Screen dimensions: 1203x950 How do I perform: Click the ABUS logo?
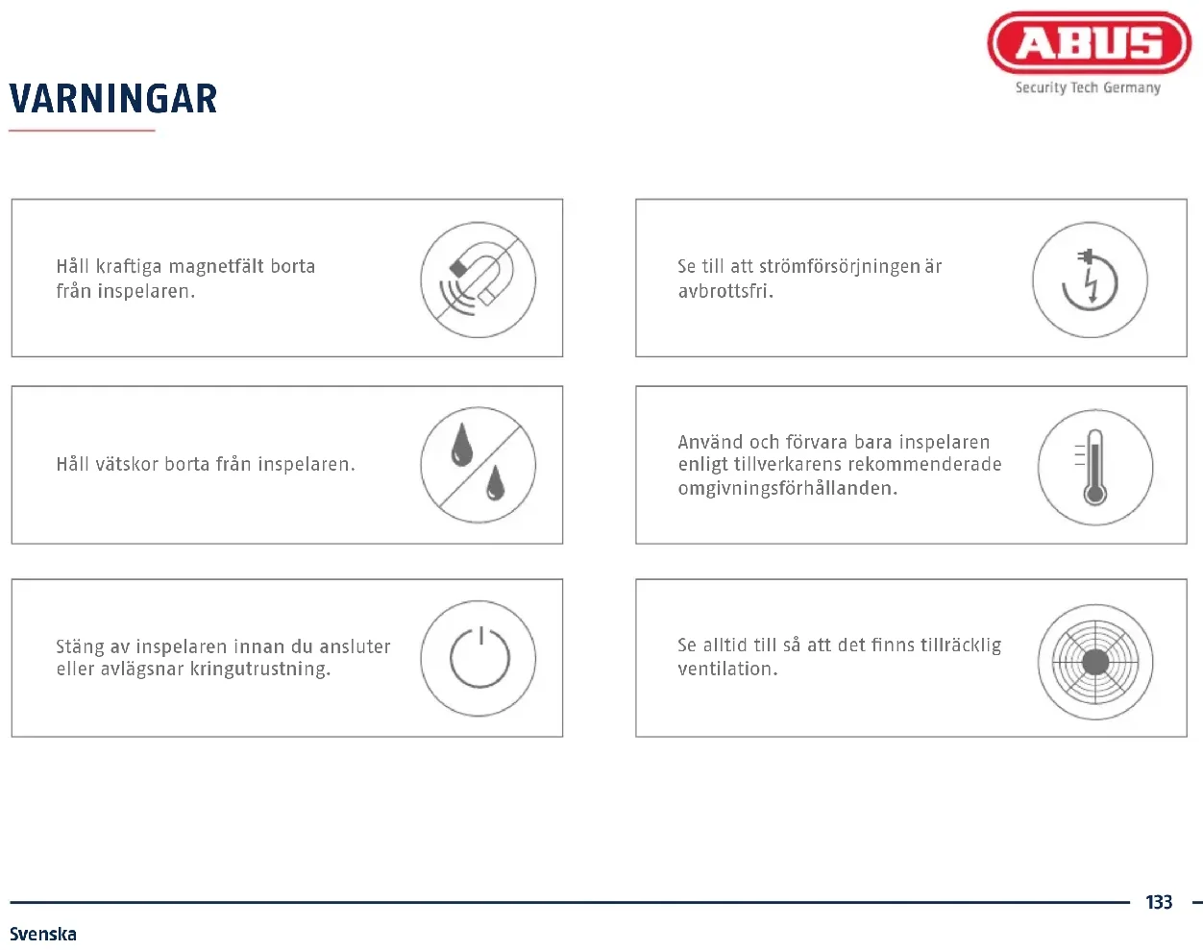point(1089,42)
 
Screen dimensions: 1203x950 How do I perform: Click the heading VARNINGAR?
point(113,99)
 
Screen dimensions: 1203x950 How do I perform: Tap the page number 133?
point(1159,902)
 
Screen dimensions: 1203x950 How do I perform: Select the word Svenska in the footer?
point(43,934)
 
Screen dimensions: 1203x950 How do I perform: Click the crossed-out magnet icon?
point(478,280)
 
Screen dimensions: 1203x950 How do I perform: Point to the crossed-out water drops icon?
point(478,465)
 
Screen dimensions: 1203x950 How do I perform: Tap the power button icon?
point(478,658)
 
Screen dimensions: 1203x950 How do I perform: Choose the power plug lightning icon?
point(1090,280)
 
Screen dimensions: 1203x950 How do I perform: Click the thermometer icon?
point(1095,467)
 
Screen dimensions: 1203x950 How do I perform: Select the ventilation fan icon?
point(1095,662)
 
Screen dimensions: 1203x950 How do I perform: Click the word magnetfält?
point(216,267)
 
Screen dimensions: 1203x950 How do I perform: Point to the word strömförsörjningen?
point(839,267)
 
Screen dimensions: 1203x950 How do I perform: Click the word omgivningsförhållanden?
point(788,489)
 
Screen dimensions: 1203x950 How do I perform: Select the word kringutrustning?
point(260,669)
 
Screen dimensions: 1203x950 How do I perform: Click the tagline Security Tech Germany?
point(1088,87)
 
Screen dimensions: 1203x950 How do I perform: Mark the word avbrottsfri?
point(725,291)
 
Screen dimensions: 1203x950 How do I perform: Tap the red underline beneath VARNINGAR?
point(82,131)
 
